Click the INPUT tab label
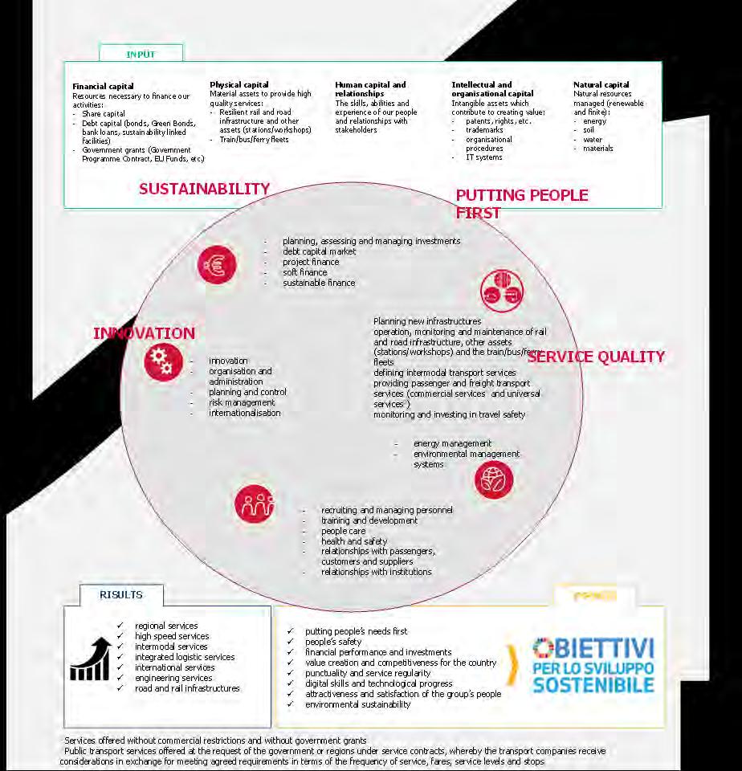click(x=141, y=54)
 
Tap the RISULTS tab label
click(x=121, y=595)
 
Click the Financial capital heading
click(x=103, y=86)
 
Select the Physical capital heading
click(x=238, y=84)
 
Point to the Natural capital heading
click(x=601, y=84)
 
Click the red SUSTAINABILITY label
click(x=204, y=189)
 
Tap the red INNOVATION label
click(x=144, y=333)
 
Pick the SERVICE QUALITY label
click(x=596, y=357)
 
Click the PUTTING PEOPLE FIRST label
click(x=521, y=203)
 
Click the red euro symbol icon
click(x=217, y=263)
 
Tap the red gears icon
click(x=163, y=361)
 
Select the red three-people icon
click(x=255, y=504)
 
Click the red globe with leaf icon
click(x=494, y=479)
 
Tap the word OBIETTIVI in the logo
click(x=594, y=647)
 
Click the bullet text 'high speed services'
click(x=172, y=636)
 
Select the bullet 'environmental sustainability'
click(x=357, y=704)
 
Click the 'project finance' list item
click(x=311, y=262)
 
